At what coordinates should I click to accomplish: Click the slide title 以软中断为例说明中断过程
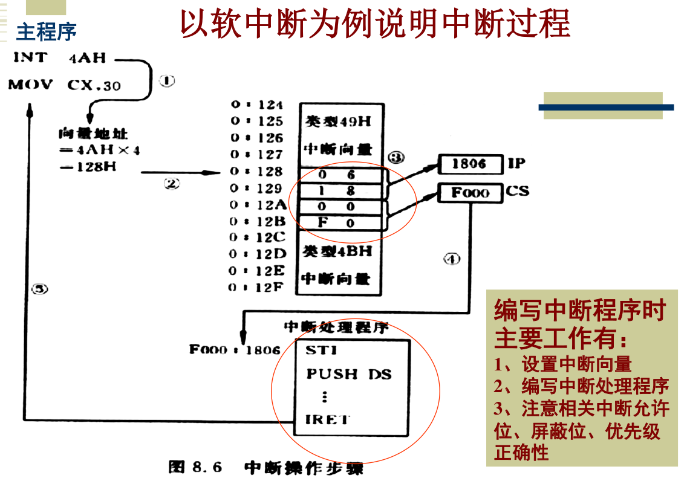point(375,25)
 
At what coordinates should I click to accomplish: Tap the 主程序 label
point(46,32)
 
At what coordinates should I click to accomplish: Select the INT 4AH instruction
point(59,58)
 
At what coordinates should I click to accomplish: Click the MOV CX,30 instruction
point(64,85)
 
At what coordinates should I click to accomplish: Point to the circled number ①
point(166,81)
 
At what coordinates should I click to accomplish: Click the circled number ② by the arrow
point(172,184)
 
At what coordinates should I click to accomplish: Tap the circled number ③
point(396,157)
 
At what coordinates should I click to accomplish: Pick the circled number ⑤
point(39,289)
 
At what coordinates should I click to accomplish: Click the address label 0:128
point(256,172)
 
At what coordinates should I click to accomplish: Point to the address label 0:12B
point(256,221)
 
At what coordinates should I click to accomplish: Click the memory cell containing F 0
point(340,223)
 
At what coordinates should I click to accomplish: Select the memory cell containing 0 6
point(340,175)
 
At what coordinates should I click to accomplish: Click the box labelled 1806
point(470,164)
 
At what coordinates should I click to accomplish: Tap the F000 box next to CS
point(470,193)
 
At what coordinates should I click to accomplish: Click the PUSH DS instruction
point(348,374)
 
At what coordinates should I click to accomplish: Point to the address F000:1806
point(235,349)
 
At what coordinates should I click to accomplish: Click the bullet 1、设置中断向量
point(563,364)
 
